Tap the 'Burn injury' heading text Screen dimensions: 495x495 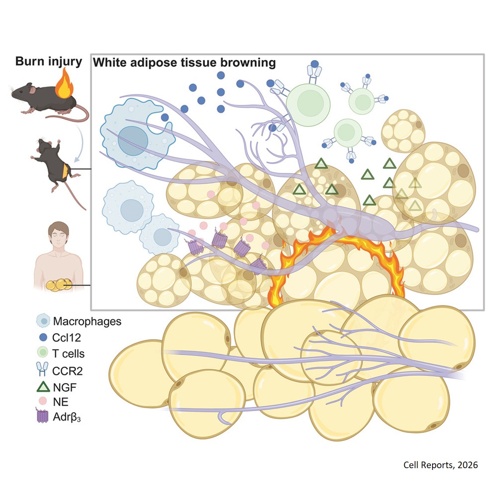click(48, 61)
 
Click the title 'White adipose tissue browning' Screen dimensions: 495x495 click(184, 62)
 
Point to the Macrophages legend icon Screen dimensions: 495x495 click(43, 321)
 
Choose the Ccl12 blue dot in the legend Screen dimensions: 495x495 click(43, 337)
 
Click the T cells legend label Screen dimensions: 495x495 click(68, 354)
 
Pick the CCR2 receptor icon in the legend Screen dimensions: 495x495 click(42, 370)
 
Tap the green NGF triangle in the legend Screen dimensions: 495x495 click(43, 387)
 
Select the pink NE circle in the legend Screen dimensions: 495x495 click(43, 401)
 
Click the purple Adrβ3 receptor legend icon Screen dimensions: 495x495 click(42, 416)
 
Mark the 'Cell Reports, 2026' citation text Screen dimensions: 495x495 click(440, 465)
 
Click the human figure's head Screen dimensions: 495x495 click(59, 233)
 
